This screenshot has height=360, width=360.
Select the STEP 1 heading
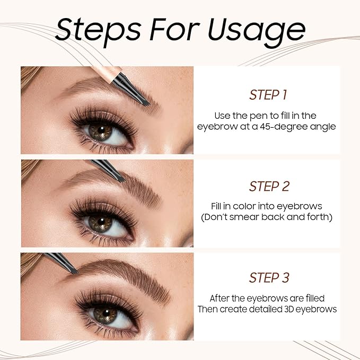coord(268,95)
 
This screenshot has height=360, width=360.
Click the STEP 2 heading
coord(268,187)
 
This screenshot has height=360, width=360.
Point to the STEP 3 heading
coord(268,278)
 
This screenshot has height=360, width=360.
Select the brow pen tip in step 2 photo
coord(120,178)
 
